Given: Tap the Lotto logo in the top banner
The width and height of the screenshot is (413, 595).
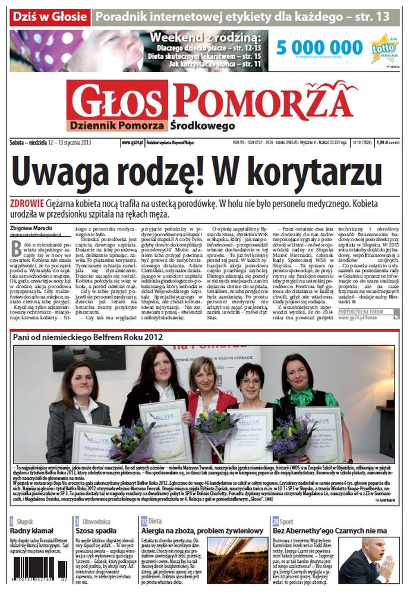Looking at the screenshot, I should point(384,48).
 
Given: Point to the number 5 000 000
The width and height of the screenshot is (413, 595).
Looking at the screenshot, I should point(319,48).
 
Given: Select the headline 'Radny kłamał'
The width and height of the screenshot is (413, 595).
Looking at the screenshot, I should point(30,531).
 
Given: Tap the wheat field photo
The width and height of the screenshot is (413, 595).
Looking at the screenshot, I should point(237,560).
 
